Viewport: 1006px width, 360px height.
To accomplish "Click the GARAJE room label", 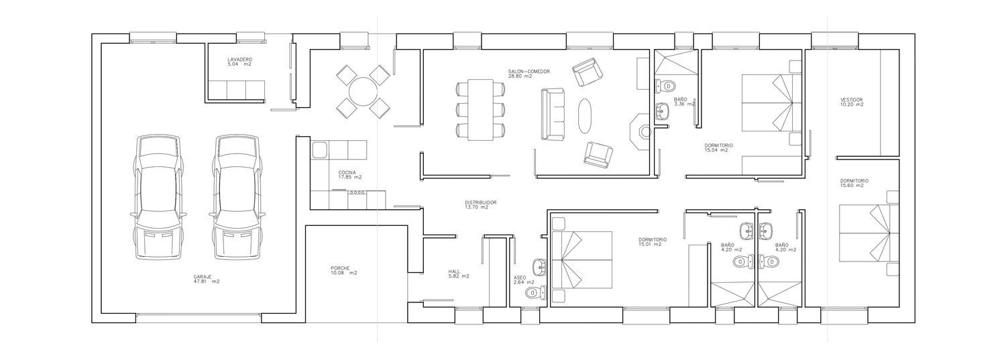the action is pos(203,276).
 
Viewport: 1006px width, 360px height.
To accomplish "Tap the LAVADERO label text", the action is pos(240,59).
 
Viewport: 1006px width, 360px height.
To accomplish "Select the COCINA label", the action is pos(347,172).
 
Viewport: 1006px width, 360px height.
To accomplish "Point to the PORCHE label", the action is pos(340,267).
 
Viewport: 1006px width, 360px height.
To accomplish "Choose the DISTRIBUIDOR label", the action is pos(481,202).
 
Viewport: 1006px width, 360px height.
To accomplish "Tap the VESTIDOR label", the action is pos(852,100).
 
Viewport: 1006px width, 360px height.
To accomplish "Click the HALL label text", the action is pos(454,272).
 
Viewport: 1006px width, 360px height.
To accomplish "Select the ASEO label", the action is pos(520,278).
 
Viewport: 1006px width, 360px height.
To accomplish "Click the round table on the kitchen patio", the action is pos(364,92).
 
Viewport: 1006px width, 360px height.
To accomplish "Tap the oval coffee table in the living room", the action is pos(585,115).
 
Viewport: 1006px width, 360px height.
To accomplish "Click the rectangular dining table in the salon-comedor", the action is pos(481,110).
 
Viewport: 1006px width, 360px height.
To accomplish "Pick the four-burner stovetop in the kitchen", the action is pos(357,192).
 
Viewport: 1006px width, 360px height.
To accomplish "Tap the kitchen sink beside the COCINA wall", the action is pos(319,149).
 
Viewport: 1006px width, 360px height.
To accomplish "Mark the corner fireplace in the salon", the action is pos(640,131).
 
